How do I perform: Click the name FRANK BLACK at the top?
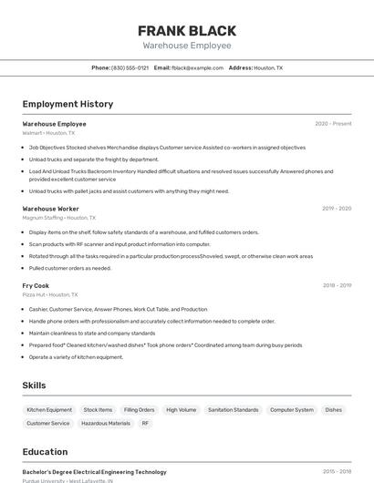click(x=187, y=30)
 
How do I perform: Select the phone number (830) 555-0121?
click(x=130, y=67)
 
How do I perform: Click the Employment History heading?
click(x=68, y=104)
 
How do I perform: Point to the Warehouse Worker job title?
click(x=51, y=209)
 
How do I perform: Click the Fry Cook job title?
click(x=36, y=285)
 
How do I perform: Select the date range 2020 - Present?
click(x=333, y=124)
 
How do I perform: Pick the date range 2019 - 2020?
click(x=337, y=209)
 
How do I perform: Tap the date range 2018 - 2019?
click(x=337, y=285)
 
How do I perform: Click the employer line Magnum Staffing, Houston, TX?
click(x=55, y=218)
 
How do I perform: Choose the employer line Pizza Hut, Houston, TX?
click(x=50, y=294)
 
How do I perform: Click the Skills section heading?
click(x=34, y=385)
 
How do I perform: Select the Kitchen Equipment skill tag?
click(x=49, y=410)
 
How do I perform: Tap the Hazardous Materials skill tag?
click(x=106, y=423)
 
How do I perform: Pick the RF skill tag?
click(x=145, y=423)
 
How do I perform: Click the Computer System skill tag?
click(x=291, y=410)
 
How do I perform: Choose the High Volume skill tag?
click(x=181, y=410)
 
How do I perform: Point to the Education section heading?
click(x=45, y=451)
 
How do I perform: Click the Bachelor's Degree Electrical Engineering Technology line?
click(x=95, y=472)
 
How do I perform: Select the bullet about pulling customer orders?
click(x=70, y=268)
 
